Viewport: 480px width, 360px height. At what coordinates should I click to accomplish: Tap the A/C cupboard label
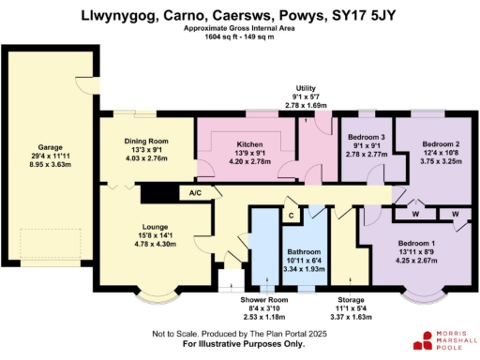click(196, 193)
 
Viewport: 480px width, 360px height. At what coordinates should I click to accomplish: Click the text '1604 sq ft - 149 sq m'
click(240, 36)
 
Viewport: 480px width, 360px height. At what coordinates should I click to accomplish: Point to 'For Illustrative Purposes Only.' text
click(239, 345)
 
